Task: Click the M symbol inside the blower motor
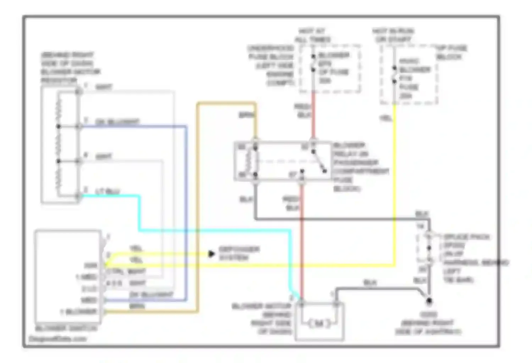coord(319,323)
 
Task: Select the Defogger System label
coord(239,253)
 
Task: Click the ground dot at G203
coord(429,301)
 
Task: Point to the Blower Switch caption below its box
coord(66,328)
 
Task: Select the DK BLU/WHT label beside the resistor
coord(117,122)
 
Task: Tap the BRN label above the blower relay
coord(246,115)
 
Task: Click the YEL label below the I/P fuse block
coord(386,118)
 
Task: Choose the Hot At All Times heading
coord(312,35)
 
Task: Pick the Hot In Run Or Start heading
coord(393,35)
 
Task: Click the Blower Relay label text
coord(360,167)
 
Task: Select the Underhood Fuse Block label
coord(271,66)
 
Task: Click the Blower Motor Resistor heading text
coord(70,68)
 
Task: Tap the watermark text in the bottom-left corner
coord(57,339)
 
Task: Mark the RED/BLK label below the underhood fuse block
coord(303,111)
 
